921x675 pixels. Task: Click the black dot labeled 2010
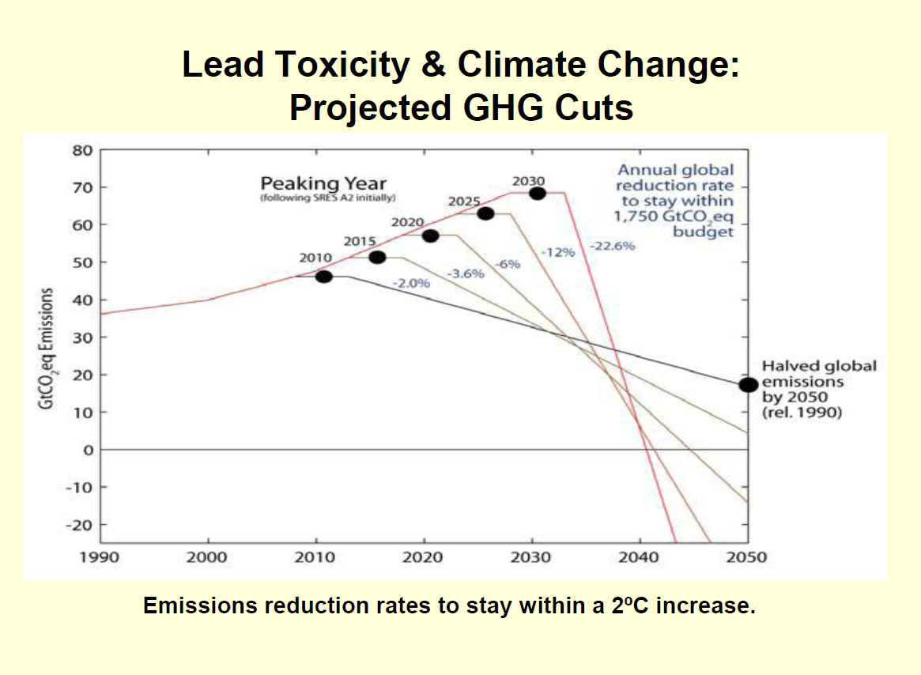tap(323, 276)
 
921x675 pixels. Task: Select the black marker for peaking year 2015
tap(377, 257)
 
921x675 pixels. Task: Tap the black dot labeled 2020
tap(431, 236)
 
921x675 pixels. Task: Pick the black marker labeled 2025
tap(485, 213)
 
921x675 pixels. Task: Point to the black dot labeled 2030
tap(538, 193)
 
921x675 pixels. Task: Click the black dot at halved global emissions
tap(748, 385)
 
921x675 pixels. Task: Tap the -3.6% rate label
tap(466, 273)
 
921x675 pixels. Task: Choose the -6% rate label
tap(508, 264)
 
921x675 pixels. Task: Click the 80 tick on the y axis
tap(82, 150)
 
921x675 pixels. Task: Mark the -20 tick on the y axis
tap(78, 525)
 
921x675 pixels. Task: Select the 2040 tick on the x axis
tap(639, 557)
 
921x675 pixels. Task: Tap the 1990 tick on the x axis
tap(100, 557)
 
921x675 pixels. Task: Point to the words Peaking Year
tap(324, 184)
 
